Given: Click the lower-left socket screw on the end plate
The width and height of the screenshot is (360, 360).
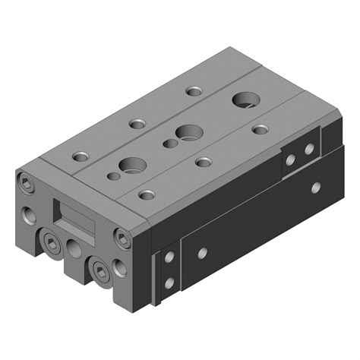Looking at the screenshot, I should click(51, 243).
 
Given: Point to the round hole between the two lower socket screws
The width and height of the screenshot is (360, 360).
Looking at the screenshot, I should click(74, 248).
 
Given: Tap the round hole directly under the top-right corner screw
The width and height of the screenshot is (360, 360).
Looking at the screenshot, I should click(119, 267).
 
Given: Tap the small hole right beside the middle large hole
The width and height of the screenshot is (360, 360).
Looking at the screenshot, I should click(169, 142).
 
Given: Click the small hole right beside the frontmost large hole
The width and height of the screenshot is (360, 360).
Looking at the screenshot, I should click(114, 176).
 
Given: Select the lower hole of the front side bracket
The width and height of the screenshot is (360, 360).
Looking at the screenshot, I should click(169, 283).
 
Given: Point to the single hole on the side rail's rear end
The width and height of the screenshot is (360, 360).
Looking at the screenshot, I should click(315, 186).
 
